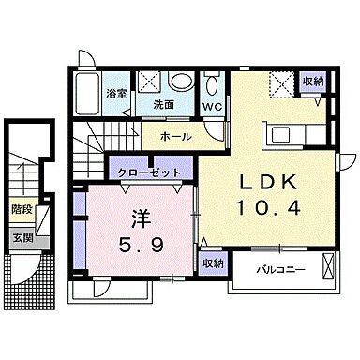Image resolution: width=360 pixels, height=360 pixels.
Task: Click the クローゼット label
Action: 150,172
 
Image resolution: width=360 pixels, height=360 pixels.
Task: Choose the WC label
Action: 212,106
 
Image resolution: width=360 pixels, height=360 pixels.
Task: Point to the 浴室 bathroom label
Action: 117,95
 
